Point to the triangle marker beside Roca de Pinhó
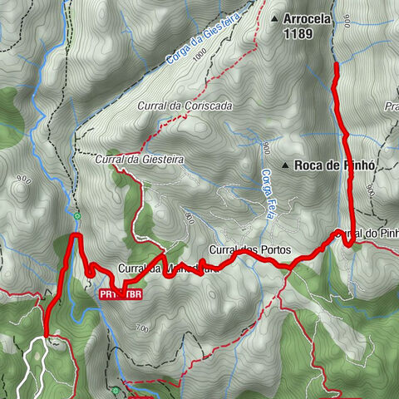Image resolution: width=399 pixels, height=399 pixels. (x=285, y=166)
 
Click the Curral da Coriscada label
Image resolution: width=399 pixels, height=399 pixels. (x=185, y=106)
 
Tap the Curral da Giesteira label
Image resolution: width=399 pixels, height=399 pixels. (x=139, y=159)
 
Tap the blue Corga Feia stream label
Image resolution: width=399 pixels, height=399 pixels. (x=268, y=193)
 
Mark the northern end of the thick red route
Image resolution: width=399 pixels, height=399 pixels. (x=335, y=65)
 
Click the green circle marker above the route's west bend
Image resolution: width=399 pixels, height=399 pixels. (x=76, y=217)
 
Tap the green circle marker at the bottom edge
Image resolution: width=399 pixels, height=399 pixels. (x=114, y=390)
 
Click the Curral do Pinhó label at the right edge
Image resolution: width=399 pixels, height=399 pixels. (x=366, y=235)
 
